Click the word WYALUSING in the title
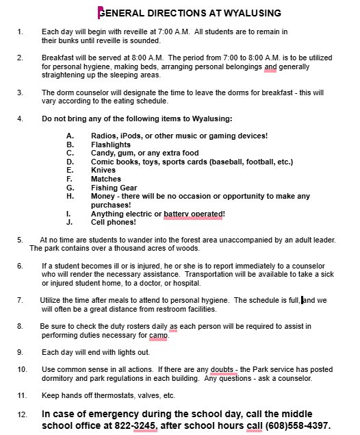248,13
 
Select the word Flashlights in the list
110,145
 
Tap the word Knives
103,171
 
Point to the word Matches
106,179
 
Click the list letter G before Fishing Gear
69,188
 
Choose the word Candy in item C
103,153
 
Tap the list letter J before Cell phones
69,222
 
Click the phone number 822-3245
138,425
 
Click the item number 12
22,415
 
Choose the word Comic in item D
103,162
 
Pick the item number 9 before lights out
20,352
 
